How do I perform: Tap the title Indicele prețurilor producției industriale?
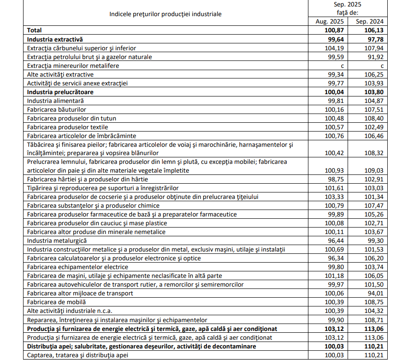point(166,14)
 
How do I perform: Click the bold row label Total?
point(35,30)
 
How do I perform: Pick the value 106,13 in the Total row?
point(374,30)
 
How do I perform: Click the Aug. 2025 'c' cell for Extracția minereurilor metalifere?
point(342,66)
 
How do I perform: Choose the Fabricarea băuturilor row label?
point(57,109)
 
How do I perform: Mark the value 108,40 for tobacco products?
point(374,118)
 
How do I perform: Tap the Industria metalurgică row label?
point(57,240)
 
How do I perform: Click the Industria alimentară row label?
point(56,101)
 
